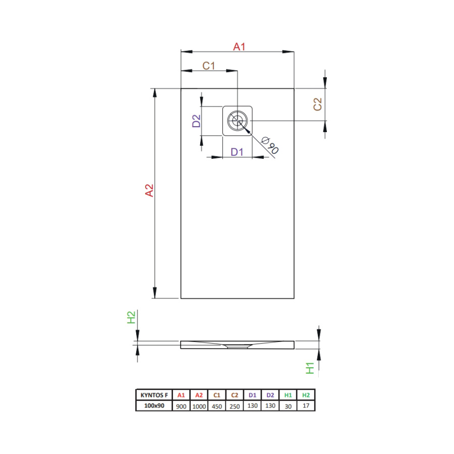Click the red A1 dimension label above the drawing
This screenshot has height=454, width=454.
click(x=239, y=46)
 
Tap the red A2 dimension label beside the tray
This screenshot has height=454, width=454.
click(x=149, y=190)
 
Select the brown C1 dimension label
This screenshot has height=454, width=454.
click(x=208, y=66)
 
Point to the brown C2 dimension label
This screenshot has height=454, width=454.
click(x=318, y=104)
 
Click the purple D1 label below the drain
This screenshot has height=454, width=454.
click(x=237, y=152)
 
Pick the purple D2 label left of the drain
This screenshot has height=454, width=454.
click(x=196, y=121)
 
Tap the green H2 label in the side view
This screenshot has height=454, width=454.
click(x=131, y=317)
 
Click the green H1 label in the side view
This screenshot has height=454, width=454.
click(x=310, y=368)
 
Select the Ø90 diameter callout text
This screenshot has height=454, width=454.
click(x=270, y=145)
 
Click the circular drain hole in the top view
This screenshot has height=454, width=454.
click(x=238, y=121)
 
